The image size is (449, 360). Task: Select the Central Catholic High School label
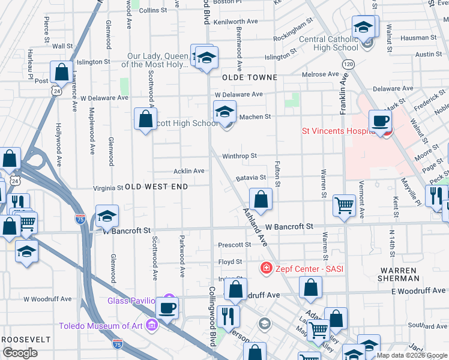(x=328, y=44)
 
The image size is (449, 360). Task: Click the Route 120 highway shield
(x=347, y=64)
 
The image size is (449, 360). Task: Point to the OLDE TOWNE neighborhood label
(x=250, y=77)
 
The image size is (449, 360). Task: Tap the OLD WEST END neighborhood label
(x=156, y=187)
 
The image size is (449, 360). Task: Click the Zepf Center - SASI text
(x=309, y=269)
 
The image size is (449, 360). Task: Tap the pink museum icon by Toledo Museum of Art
(x=152, y=326)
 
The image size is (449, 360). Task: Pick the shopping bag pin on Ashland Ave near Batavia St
(x=261, y=199)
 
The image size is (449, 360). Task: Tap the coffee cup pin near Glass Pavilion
(x=167, y=308)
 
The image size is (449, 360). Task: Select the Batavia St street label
(x=250, y=178)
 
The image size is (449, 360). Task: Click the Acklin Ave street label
(x=189, y=171)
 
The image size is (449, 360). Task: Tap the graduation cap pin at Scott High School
(x=224, y=112)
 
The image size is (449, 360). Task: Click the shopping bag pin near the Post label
(x=62, y=72)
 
